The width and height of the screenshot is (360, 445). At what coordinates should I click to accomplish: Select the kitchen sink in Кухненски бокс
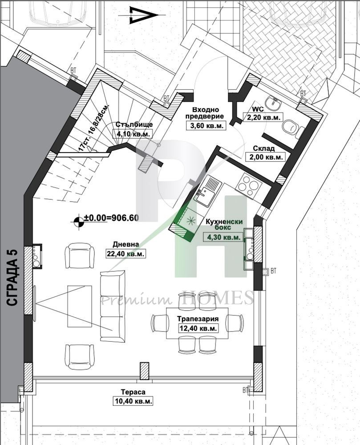click(206, 190)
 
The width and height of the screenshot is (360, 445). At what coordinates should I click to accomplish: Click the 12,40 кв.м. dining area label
click(198, 328)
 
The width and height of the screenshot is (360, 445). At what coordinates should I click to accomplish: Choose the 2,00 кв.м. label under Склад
click(267, 157)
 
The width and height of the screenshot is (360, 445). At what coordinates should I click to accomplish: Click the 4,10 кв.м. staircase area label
click(133, 133)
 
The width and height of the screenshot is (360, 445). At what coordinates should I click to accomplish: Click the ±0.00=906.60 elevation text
click(111, 218)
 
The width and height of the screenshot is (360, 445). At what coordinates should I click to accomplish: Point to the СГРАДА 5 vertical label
click(12, 277)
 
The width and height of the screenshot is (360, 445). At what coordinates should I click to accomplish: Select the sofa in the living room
click(113, 306)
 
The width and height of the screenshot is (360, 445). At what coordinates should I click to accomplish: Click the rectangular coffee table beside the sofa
click(80, 306)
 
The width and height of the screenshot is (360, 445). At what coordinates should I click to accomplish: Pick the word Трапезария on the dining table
click(198, 319)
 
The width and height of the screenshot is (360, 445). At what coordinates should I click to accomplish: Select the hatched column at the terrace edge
click(145, 371)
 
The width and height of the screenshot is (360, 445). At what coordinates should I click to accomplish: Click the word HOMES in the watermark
click(217, 298)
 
